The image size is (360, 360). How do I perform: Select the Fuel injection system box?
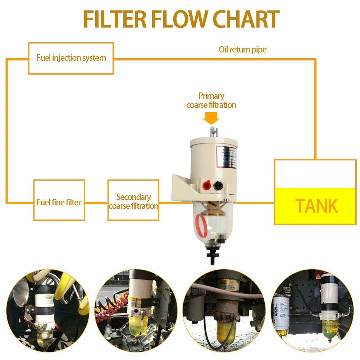pos(71,58)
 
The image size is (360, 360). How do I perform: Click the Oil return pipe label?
pos(243,50)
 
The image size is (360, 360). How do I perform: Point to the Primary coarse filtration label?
pos(211,100)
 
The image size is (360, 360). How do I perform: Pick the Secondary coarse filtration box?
pos(133,200)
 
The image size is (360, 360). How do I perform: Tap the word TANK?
pos(316,206)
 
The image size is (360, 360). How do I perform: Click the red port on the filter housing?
pos(206,186)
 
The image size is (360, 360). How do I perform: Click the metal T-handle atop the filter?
pos(214,132)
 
